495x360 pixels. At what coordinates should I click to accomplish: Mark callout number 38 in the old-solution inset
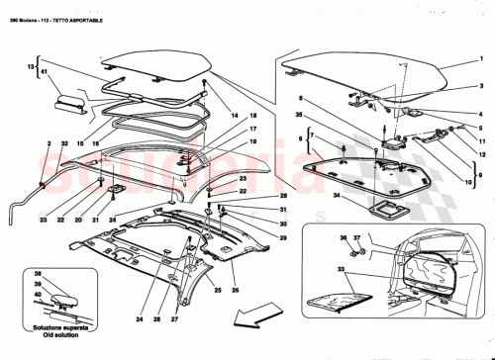coord(37,274)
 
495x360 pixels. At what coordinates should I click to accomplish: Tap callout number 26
coord(235,292)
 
